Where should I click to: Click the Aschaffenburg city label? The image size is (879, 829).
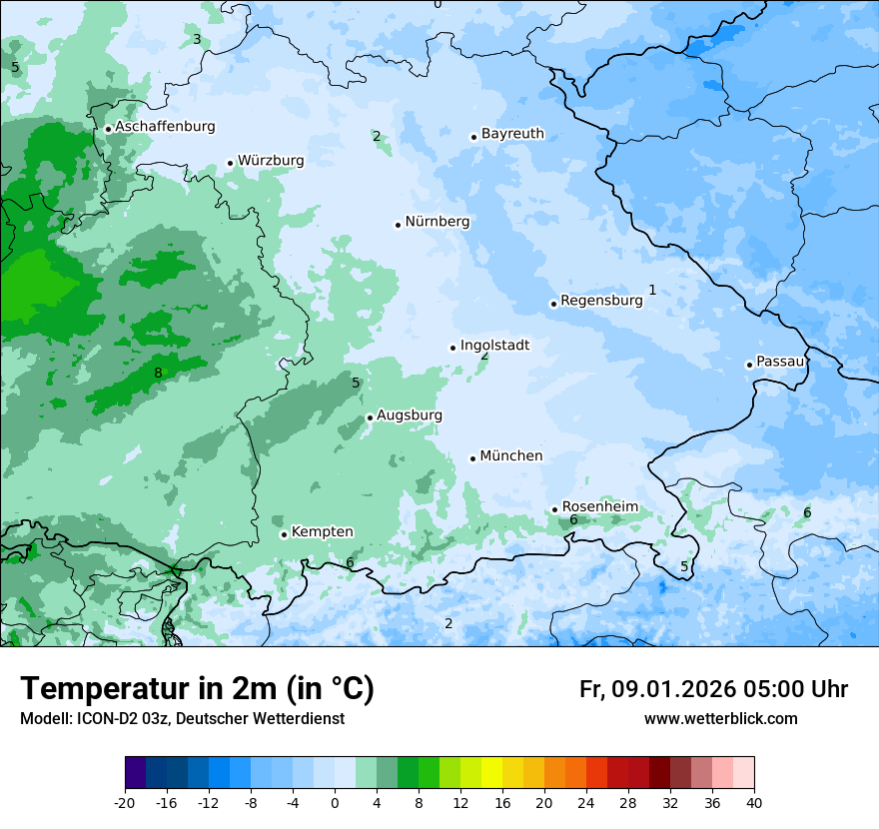[x=165, y=127]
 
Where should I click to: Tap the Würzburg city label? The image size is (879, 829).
[x=271, y=161]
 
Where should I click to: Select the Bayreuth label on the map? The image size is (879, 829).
[x=512, y=134]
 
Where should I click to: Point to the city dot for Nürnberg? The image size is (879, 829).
[x=398, y=225]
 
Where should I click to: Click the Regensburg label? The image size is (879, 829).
[x=601, y=301]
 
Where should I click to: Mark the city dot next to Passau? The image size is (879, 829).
[x=749, y=365]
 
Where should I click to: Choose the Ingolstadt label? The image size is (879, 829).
[x=494, y=346]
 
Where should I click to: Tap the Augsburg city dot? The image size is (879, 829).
[x=370, y=417]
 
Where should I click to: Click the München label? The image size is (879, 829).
[x=511, y=456]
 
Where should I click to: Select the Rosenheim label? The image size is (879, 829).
[x=599, y=507]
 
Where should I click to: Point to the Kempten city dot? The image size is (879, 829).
[x=284, y=534]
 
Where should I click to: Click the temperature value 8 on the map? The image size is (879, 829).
[x=158, y=374]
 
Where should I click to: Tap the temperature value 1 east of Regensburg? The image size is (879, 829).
[x=652, y=291]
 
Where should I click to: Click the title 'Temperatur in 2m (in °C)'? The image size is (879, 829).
[x=198, y=689]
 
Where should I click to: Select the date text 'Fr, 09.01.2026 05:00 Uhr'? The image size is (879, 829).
[x=713, y=689]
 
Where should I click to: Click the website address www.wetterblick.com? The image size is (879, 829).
[x=720, y=719]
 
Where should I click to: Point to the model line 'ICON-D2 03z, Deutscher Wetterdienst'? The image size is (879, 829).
[x=182, y=719]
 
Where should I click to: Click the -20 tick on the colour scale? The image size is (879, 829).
[x=125, y=802]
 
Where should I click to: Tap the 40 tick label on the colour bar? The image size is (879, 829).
[x=754, y=802]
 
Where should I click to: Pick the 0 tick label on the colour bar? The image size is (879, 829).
[x=335, y=802]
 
